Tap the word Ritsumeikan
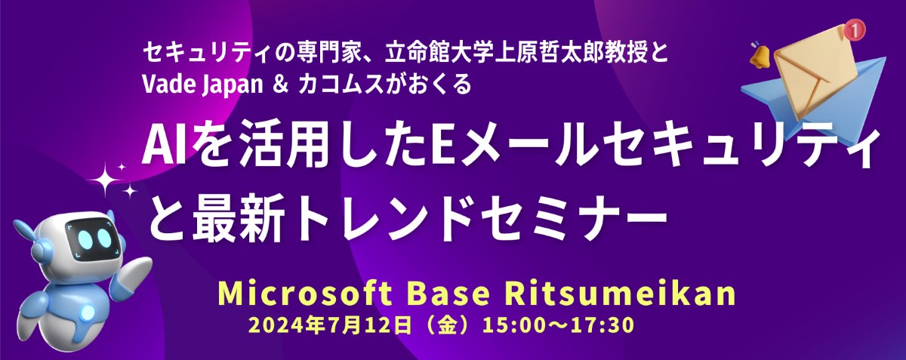620,294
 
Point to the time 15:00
515,326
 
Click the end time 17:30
602,326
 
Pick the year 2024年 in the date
282,326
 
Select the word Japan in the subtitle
233,86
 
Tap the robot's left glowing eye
86,238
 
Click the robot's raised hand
136,270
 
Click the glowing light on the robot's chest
87,312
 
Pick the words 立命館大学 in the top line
431,54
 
